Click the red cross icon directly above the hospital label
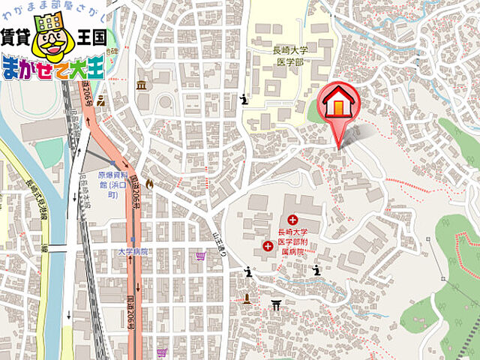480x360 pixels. pyautogui.click(x=292, y=220)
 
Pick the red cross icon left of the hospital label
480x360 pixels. pyautogui.click(x=268, y=245)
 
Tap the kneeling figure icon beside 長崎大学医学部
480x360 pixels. pyautogui.click(x=243, y=98)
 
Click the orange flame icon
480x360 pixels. pyautogui.click(x=149, y=182)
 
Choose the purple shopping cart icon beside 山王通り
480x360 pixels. pyautogui.click(x=200, y=256)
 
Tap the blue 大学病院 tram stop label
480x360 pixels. pyautogui.click(x=133, y=251)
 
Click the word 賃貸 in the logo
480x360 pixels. pyautogui.click(x=16, y=37)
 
